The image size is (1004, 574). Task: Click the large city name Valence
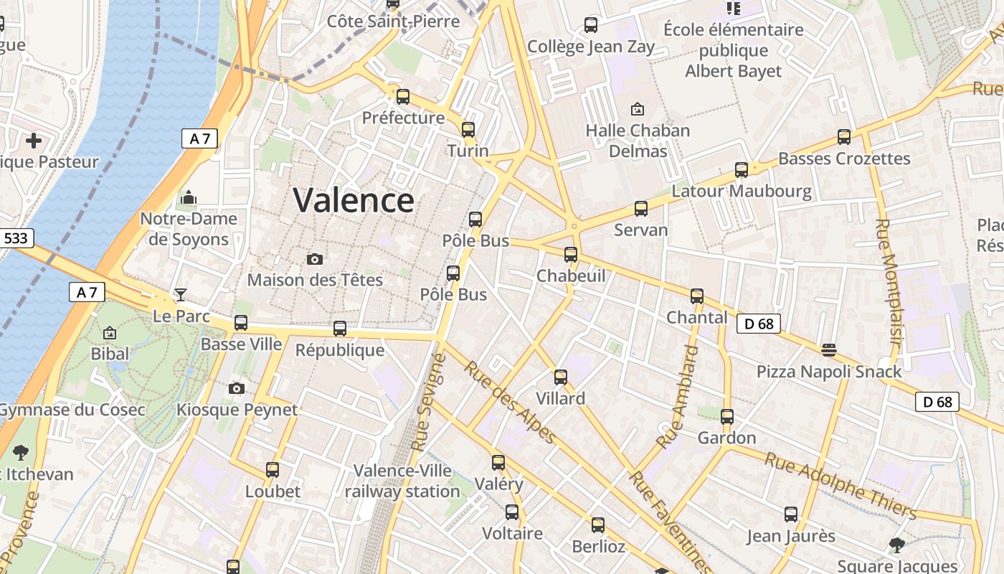click(354, 200)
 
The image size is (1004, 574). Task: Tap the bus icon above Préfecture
click(403, 97)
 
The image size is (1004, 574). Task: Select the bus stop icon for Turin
click(468, 130)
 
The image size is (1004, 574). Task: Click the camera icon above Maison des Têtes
click(314, 259)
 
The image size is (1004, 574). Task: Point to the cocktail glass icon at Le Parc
click(181, 295)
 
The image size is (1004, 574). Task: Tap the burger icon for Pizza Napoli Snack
click(829, 350)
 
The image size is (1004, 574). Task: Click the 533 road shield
click(17, 238)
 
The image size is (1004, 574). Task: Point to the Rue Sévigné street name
click(429, 402)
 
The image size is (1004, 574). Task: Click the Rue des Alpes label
click(510, 403)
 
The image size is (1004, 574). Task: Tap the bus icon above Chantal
click(697, 296)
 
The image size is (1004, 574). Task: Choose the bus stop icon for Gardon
click(727, 417)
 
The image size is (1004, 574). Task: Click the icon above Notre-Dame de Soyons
click(189, 197)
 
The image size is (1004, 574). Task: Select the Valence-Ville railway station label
click(402, 481)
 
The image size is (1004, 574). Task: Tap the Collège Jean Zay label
click(591, 47)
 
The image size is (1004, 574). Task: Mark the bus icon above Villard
click(561, 377)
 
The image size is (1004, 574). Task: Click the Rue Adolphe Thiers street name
click(840, 485)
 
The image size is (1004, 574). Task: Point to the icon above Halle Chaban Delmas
click(637, 110)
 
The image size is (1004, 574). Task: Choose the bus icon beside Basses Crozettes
click(844, 137)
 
